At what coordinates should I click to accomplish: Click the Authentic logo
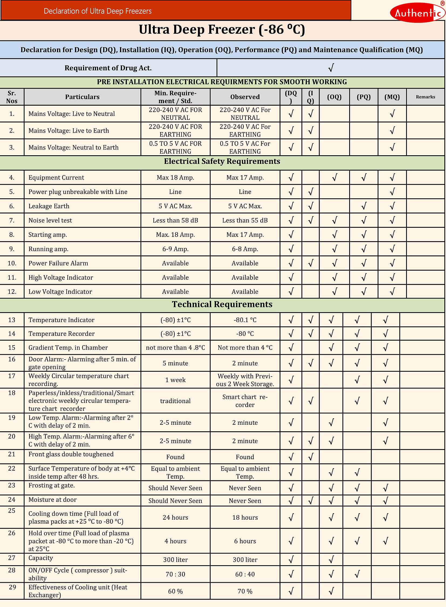(x=417, y=12)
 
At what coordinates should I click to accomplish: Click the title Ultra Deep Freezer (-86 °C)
(x=222, y=30)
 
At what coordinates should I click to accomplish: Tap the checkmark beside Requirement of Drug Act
(x=331, y=68)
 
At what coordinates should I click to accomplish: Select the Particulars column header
(x=82, y=97)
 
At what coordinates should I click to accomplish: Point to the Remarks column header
(x=425, y=97)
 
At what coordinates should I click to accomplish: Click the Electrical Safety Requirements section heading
(x=222, y=161)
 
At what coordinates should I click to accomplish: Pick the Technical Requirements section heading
(x=222, y=305)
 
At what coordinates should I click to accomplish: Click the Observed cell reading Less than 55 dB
(x=245, y=220)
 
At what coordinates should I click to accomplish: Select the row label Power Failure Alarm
(x=58, y=263)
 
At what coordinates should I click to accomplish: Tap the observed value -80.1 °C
(x=245, y=320)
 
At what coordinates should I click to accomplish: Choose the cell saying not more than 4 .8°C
(x=175, y=348)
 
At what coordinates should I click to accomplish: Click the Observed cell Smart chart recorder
(x=245, y=401)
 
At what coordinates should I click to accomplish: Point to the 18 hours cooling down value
(x=245, y=518)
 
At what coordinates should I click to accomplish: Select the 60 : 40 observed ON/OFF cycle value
(x=245, y=574)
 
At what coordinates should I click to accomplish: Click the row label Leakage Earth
(x=49, y=206)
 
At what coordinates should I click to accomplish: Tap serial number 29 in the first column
(x=12, y=587)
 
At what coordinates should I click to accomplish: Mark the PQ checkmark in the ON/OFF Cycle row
(x=357, y=574)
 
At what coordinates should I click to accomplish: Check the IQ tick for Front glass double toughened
(x=311, y=457)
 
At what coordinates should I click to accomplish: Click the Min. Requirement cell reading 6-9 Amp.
(x=175, y=249)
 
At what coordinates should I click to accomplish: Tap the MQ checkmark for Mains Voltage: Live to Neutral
(x=392, y=114)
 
